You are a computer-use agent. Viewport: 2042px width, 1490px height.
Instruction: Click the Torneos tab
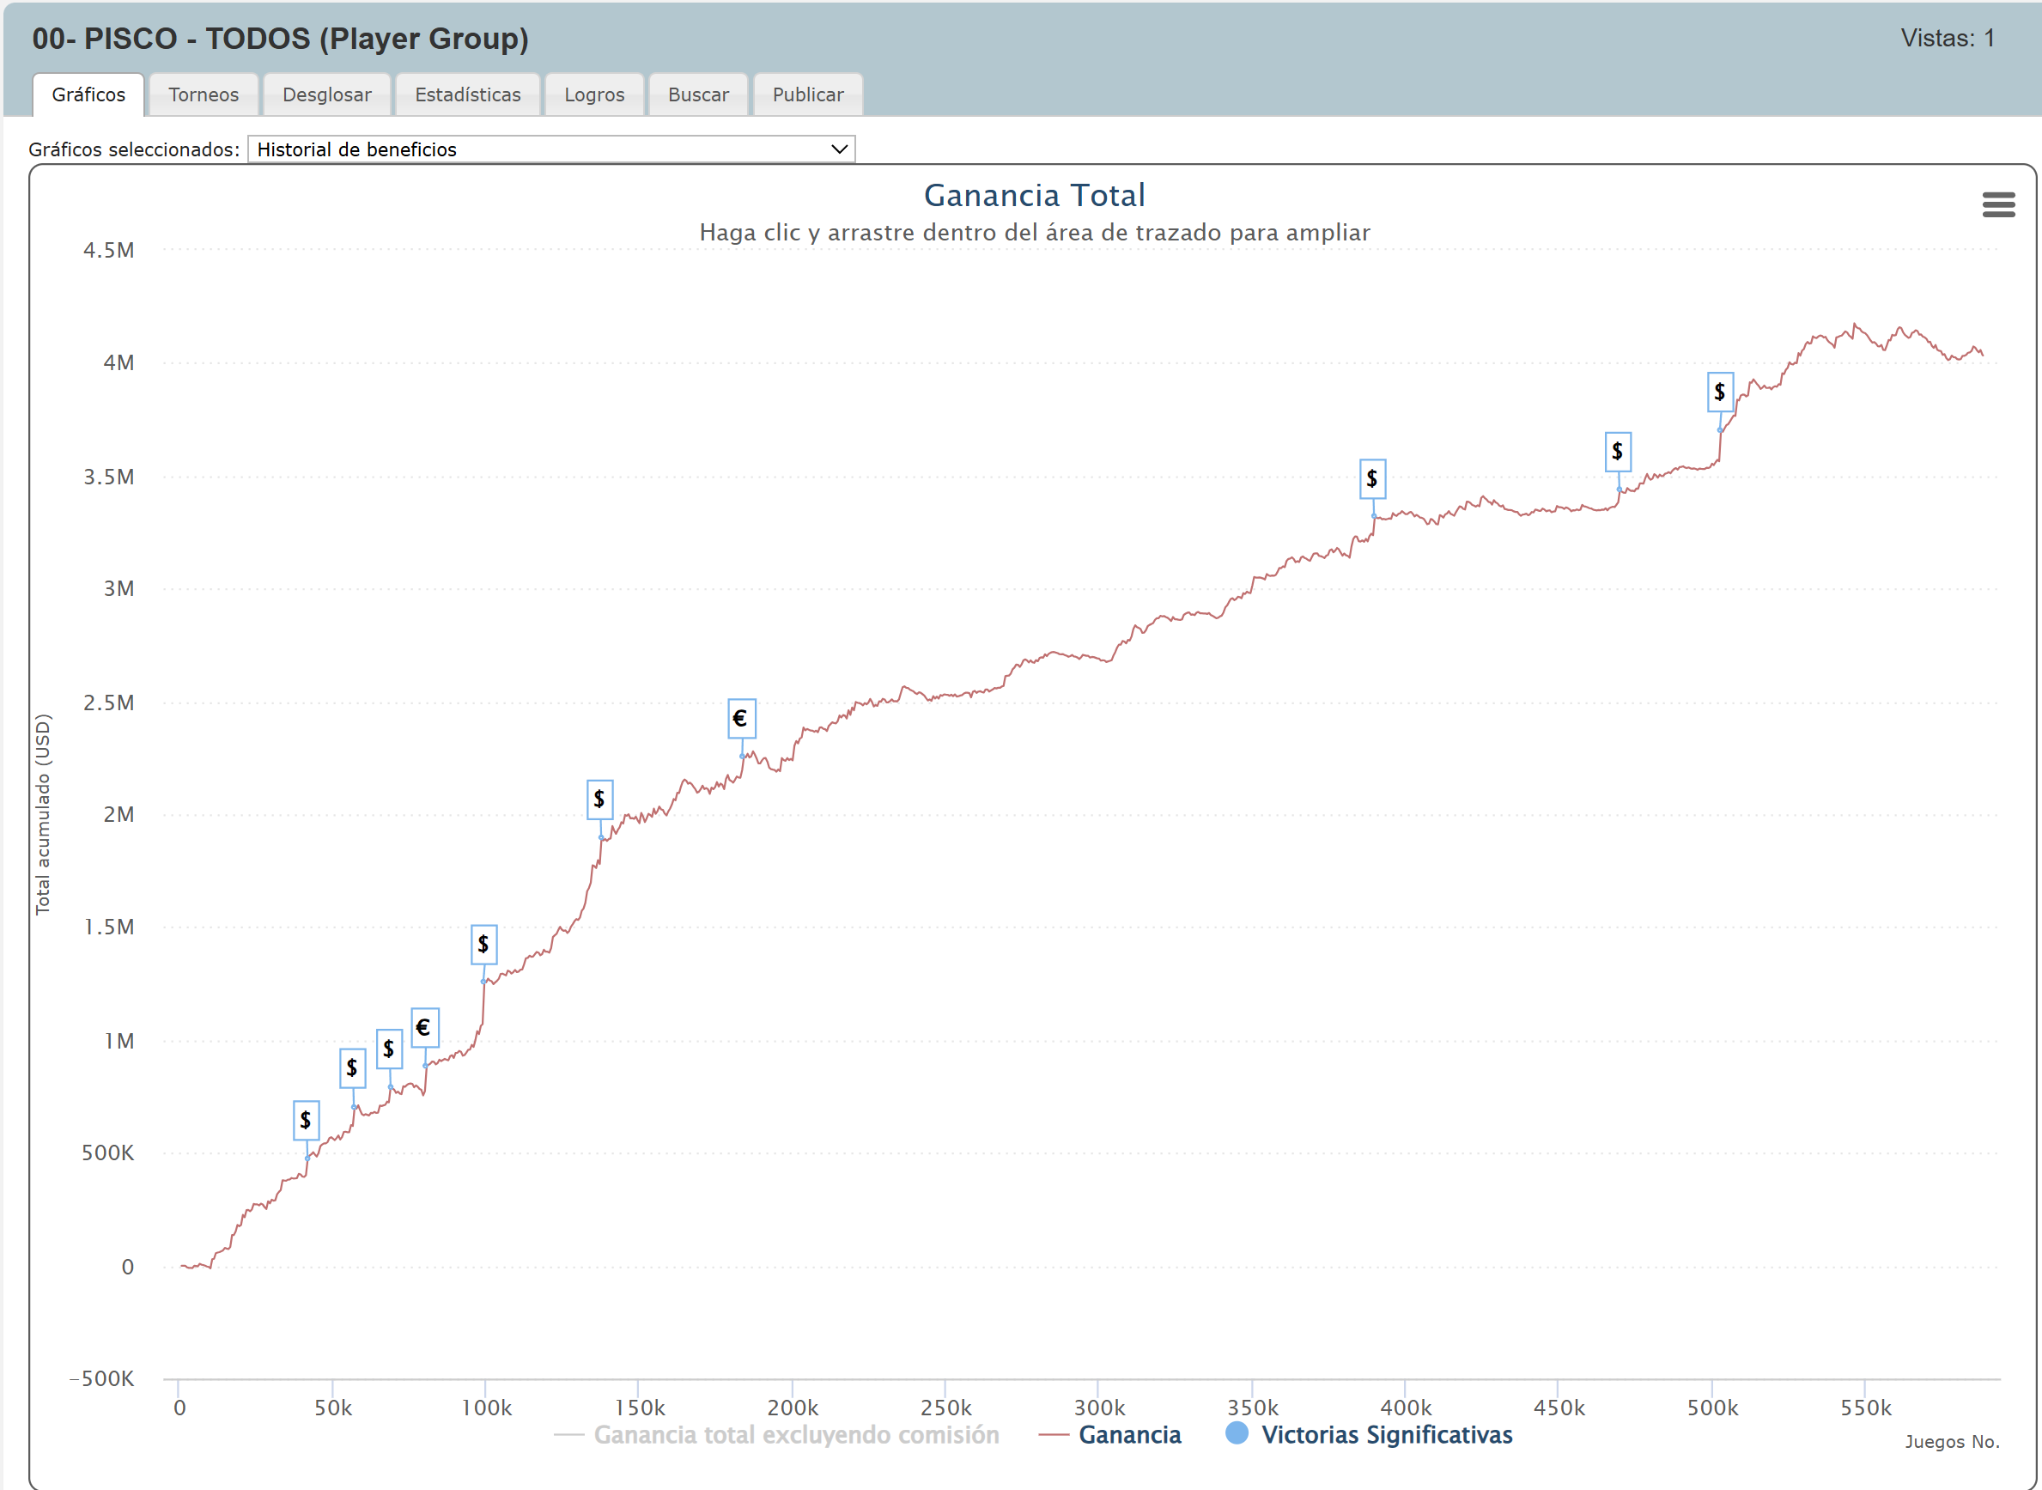(203, 94)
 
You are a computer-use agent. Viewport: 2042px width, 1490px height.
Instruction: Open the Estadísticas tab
(467, 94)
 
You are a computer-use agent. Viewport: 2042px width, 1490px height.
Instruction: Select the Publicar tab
(807, 94)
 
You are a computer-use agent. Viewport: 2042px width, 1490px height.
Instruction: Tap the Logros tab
(593, 94)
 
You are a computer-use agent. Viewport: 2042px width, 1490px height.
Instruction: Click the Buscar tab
(698, 94)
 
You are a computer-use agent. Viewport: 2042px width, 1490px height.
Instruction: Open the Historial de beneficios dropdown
(550, 149)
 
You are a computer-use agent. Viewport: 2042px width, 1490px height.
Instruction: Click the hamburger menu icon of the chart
(1998, 204)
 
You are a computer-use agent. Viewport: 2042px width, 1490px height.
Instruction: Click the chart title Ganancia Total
(1034, 196)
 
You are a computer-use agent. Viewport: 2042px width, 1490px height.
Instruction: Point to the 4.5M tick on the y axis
(109, 251)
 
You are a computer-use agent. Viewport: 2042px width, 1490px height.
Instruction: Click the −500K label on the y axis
(102, 1378)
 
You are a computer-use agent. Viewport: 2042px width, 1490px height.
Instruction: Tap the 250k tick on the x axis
(945, 1408)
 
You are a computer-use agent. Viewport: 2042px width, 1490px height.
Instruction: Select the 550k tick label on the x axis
(1865, 1408)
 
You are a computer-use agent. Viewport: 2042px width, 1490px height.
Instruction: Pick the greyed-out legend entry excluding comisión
(794, 1435)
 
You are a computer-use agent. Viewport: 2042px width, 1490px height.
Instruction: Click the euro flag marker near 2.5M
(741, 719)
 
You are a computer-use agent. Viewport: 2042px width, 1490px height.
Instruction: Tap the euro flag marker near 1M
(425, 1027)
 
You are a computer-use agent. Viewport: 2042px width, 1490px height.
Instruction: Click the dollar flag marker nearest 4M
(1719, 392)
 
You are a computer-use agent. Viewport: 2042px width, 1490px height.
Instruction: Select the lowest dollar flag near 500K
(306, 1120)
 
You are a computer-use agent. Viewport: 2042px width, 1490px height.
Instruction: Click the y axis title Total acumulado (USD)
(43, 813)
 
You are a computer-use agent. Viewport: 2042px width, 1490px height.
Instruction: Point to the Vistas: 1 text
(1947, 39)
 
